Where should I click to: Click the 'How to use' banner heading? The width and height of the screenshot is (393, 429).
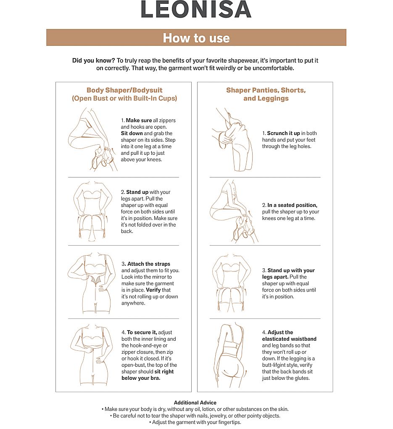coord(196,38)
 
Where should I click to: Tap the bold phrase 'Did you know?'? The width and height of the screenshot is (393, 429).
coord(93,61)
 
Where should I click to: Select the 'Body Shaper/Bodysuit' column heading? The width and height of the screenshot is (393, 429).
coord(124,90)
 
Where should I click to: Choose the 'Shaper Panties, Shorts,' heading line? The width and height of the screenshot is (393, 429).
coord(266,90)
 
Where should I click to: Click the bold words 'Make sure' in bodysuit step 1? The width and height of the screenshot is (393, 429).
coord(139,120)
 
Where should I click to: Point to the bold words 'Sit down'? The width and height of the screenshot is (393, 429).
coord(132,133)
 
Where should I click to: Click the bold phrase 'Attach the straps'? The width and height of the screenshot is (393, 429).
coord(149,264)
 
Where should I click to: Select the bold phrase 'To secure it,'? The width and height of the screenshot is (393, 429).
coord(142,332)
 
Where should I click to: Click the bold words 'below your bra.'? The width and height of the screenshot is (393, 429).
coord(141,378)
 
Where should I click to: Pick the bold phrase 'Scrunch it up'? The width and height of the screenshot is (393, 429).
coord(284,133)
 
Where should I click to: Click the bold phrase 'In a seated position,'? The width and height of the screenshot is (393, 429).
coord(293,205)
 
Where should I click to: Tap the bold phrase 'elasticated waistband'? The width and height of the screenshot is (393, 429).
coord(289,339)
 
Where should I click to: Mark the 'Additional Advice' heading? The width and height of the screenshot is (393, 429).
coord(195,403)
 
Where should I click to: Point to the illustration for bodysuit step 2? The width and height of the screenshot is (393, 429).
coord(93,211)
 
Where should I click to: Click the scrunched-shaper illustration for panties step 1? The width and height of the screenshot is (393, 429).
coord(232,140)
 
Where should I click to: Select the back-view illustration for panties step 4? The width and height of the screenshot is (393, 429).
coord(231,356)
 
